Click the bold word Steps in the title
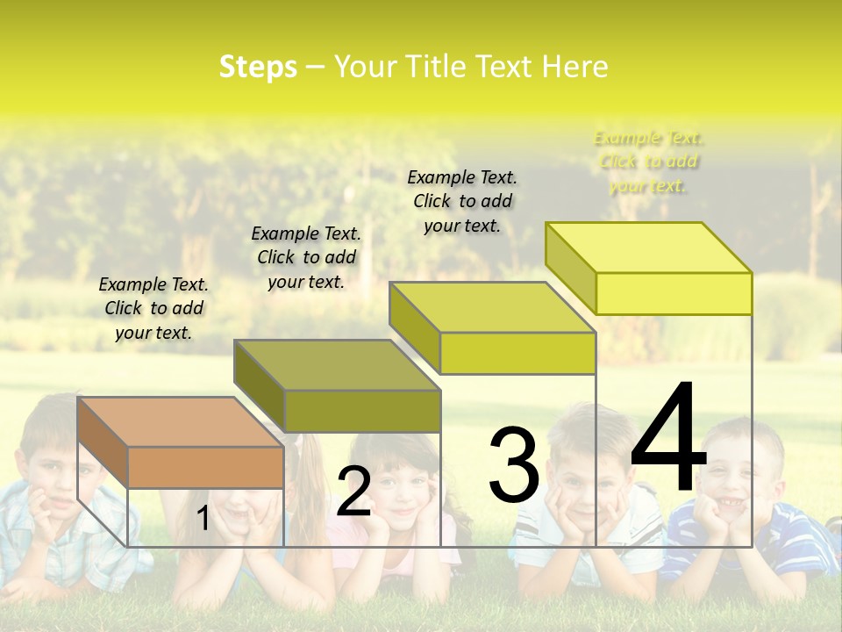tap(258, 67)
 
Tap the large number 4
tap(668, 439)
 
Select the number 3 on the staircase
tap(513, 464)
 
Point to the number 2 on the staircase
tap(353, 492)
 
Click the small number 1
tap(203, 519)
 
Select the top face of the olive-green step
tap(338, 364)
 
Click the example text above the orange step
tap(153, 308)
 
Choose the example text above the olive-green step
tap(306, 257)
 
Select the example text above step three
tap(462, 201)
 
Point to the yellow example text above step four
tap(649, 162)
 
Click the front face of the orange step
tap(206, 467)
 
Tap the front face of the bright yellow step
tap(674, 293)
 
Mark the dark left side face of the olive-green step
tap(260, 386)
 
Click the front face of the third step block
tap(517, 353)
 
